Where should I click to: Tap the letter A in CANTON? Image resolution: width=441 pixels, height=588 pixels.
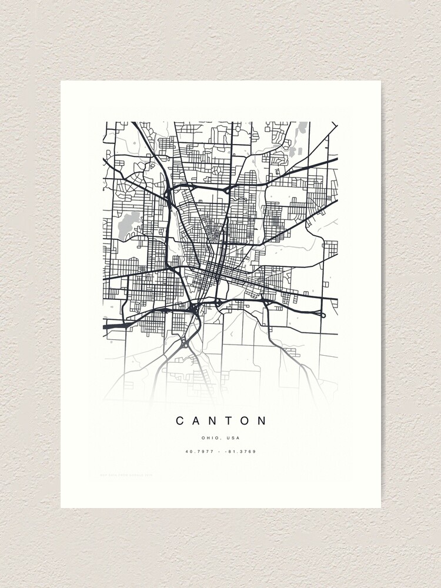(198, 420)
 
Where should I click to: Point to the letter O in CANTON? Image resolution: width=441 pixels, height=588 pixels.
(246, 420)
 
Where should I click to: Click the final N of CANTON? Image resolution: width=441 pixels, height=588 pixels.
(262, 420)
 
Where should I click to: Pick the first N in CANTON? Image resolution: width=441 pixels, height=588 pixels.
(213, 420)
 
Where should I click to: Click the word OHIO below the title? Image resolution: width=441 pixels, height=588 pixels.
(210, 438)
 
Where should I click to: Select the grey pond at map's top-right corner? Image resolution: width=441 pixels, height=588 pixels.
(302, 128)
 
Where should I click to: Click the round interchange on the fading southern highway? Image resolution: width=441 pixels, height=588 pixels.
(185, 343)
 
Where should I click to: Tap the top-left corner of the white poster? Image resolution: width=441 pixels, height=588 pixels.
(61, 81)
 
